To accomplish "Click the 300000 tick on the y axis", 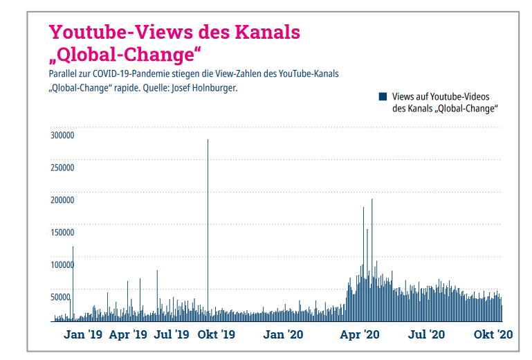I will click(63, 136).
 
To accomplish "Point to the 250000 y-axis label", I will click(63, 168).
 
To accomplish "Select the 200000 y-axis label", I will click(63, 200).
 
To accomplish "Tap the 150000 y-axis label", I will click(63, 233).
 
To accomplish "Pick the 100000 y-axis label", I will click(63, 264).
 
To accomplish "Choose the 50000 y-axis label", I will click(62, 297).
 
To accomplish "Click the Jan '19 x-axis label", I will click(82, 334).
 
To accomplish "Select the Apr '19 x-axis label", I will click(128, 334).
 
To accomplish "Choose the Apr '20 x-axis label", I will click(360, 334).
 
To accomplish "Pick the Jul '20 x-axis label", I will click(426, 334).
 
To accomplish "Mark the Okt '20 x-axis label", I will click(493, 334).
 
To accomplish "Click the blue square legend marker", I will click(383, 97).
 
